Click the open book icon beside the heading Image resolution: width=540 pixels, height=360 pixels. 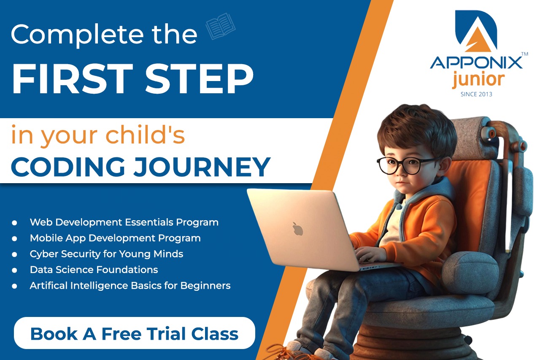tap(220, 26)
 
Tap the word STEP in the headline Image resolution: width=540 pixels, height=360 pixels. tap(199, 79)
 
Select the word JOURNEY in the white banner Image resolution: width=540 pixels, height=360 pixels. tap(202, 167)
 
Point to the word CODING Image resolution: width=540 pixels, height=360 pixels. tap(68, 167)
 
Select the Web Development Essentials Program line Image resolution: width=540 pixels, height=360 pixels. tap(124, 222)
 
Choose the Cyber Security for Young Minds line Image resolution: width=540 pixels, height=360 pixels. tap(106, 254)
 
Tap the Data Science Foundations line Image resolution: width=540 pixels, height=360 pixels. tap(94, 270)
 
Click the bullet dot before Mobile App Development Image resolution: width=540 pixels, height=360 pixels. tap(14, 238)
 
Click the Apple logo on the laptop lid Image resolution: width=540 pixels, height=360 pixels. tap(298, 228)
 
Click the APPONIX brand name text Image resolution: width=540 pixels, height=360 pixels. tap(476, 63)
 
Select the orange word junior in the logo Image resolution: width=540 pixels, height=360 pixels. tap(478, 80)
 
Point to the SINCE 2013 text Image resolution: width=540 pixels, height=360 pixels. tap(476, 94)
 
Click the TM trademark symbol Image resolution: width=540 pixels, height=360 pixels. tap(524, 54)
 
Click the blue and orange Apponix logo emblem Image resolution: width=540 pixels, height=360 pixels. tap(476, 31)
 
